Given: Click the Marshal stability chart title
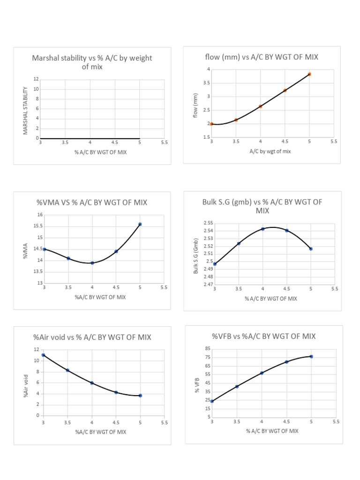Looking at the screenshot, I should (x=92, y=62).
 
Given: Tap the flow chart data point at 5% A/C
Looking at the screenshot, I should (x=309, y=74).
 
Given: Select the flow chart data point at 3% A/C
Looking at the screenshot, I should (x=212, y=124).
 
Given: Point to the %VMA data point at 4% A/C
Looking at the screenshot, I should (x=92, y=263).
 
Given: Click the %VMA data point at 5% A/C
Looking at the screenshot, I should (x=140, y=224).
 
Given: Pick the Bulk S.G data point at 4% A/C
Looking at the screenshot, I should (x=263, y=229).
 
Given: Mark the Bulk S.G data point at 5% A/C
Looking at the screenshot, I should (x=311, y=248).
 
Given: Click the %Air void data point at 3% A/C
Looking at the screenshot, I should (x=44, y=355).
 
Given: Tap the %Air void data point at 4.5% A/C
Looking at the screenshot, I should (x=116, y=392).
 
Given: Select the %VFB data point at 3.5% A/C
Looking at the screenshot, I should (x=237, y=386).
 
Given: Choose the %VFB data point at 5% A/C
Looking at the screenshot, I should (x=311, y=356).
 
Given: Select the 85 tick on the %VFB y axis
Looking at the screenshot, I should (x=207, y=348).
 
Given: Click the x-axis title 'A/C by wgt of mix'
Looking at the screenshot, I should (x=270, y=151).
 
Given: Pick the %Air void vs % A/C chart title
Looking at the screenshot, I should (x=92, y=337).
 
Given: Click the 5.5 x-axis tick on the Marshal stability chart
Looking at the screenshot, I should (x=164, y=142).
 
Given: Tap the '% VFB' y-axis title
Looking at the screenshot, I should (x=198, y=384).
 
